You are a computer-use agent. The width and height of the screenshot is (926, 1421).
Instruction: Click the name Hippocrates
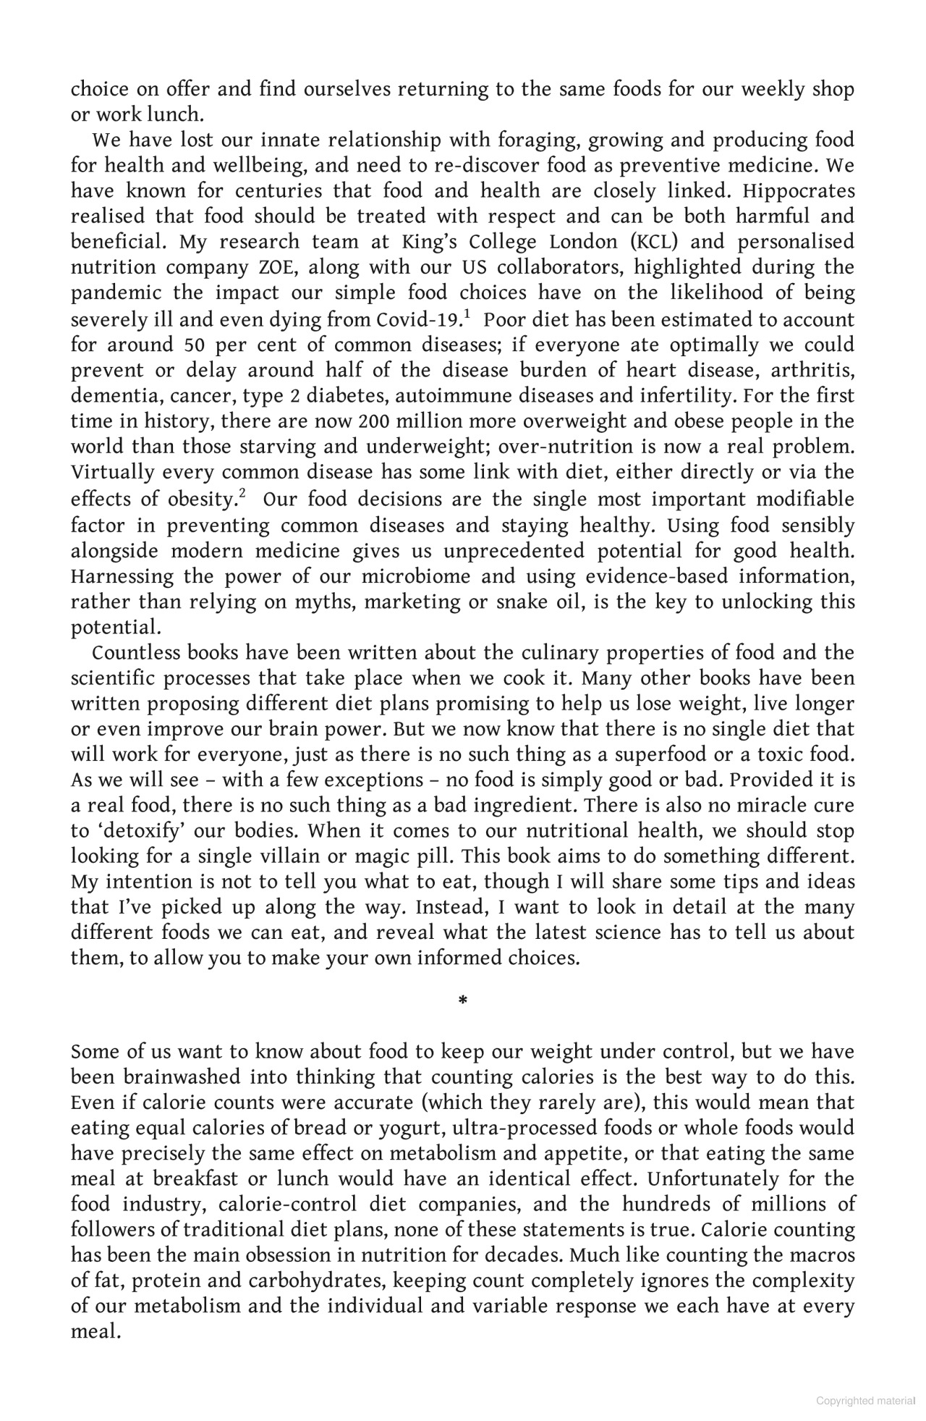pos(799,191)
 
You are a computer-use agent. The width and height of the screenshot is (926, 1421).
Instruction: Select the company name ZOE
pos(274,267)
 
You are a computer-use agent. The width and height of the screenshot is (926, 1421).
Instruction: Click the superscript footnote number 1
pos(467,313)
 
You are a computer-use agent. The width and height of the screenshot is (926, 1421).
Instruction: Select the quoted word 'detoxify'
pos(134,831)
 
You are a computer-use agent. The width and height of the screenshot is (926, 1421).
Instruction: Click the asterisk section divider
pos(463,1001)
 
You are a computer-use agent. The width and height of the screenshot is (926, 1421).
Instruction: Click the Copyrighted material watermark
pos(865,1401)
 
